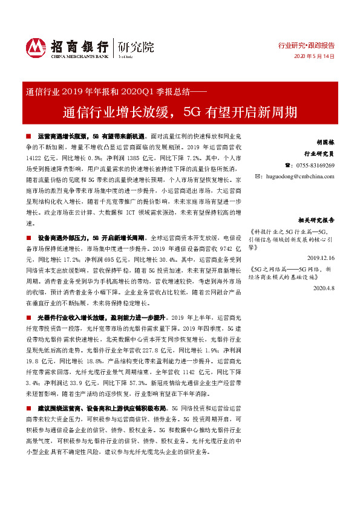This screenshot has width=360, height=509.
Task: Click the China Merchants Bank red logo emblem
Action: click(x=35, y=47)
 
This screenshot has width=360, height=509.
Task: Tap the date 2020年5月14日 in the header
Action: click(x=314, y=56)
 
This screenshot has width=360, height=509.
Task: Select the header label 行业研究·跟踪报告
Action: click(x=306, y=45)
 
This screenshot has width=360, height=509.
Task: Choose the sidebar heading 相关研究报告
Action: click(x=316, y=220)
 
